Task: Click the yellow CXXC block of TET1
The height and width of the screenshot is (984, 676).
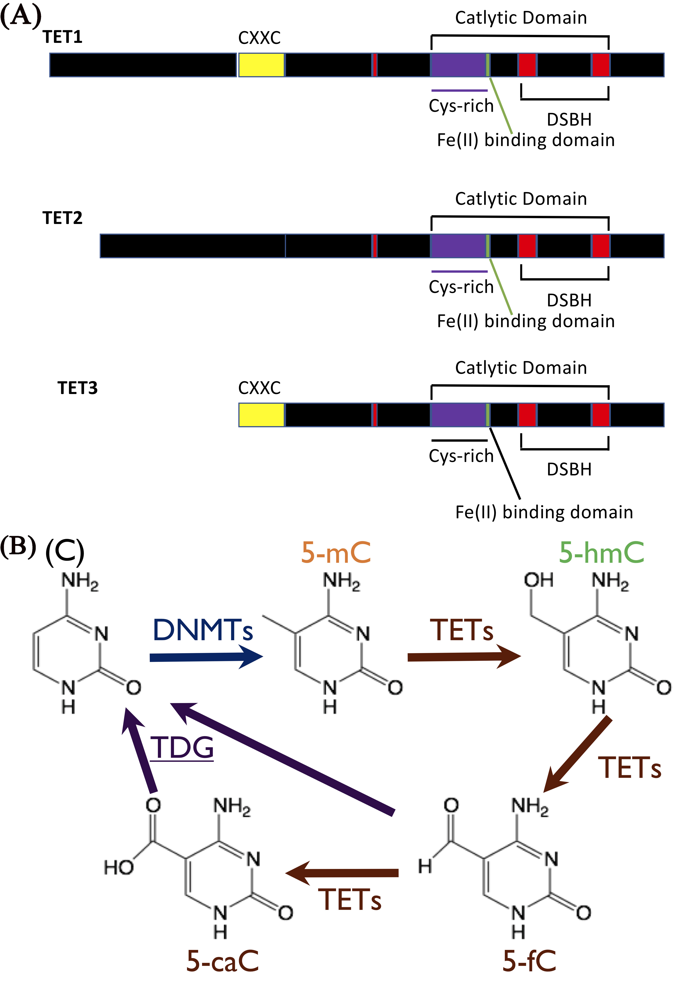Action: tap(261, 65)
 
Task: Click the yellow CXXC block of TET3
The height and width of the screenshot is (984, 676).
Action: tap(261, 415)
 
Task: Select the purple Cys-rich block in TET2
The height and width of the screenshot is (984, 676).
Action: tap(458, 246)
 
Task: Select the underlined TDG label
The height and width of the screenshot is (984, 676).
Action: tap(182, 747)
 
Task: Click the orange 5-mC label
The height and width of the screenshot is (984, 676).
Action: tap(336, 552)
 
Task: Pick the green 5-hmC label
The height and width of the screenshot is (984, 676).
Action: tap(602, 552)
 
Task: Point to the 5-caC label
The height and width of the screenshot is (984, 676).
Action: tap(222, 961)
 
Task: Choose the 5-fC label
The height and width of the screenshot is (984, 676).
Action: tap(529, 961)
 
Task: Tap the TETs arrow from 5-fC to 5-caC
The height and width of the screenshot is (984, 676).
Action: tap(342, 872)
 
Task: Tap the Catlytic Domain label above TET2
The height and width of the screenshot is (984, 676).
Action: tap(521, 199)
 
